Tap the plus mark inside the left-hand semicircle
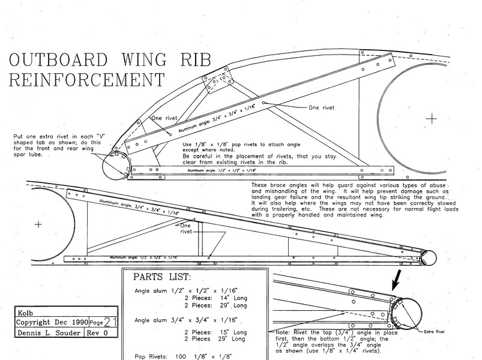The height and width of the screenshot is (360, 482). (39, 224)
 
